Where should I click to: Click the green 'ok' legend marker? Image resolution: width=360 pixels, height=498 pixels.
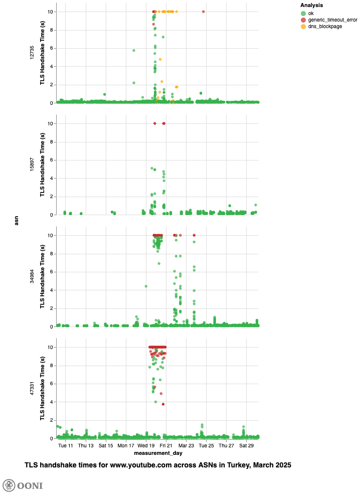click(303, 13)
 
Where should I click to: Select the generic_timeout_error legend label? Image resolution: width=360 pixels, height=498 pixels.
click(332, 20)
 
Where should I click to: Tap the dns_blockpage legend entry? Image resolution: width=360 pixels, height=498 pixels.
click(325, 27)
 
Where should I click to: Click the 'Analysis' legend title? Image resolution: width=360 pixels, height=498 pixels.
click(311, 5)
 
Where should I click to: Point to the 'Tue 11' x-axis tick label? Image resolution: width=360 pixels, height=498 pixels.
click(66, 445)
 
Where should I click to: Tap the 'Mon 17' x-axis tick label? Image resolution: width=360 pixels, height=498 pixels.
click(126, 445)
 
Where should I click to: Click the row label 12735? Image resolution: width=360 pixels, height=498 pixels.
click(32, 53)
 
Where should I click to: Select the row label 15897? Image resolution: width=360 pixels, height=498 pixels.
click(32, 164)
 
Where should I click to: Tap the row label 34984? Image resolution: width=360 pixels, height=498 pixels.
click(32, 276)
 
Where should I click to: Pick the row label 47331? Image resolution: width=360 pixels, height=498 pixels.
click(32, 388)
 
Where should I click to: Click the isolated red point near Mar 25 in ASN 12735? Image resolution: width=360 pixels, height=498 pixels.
click(203, 12)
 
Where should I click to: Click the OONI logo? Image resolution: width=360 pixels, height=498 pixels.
click(23, 485)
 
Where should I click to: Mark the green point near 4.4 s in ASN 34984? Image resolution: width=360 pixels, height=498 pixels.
click(146, 286)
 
